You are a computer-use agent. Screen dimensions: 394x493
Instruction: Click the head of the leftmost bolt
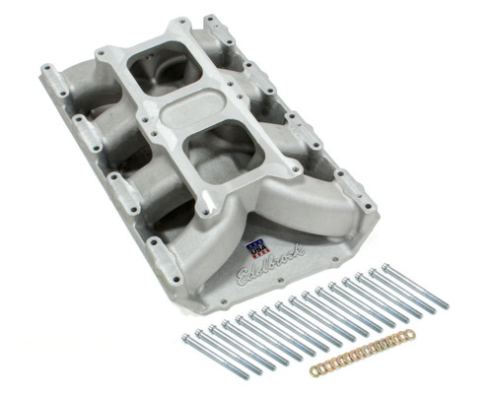pos(185,338)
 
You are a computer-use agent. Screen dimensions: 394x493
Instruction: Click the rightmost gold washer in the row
pos(410,334)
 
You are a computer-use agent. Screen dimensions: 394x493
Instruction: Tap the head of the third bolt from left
pos(212,328)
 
